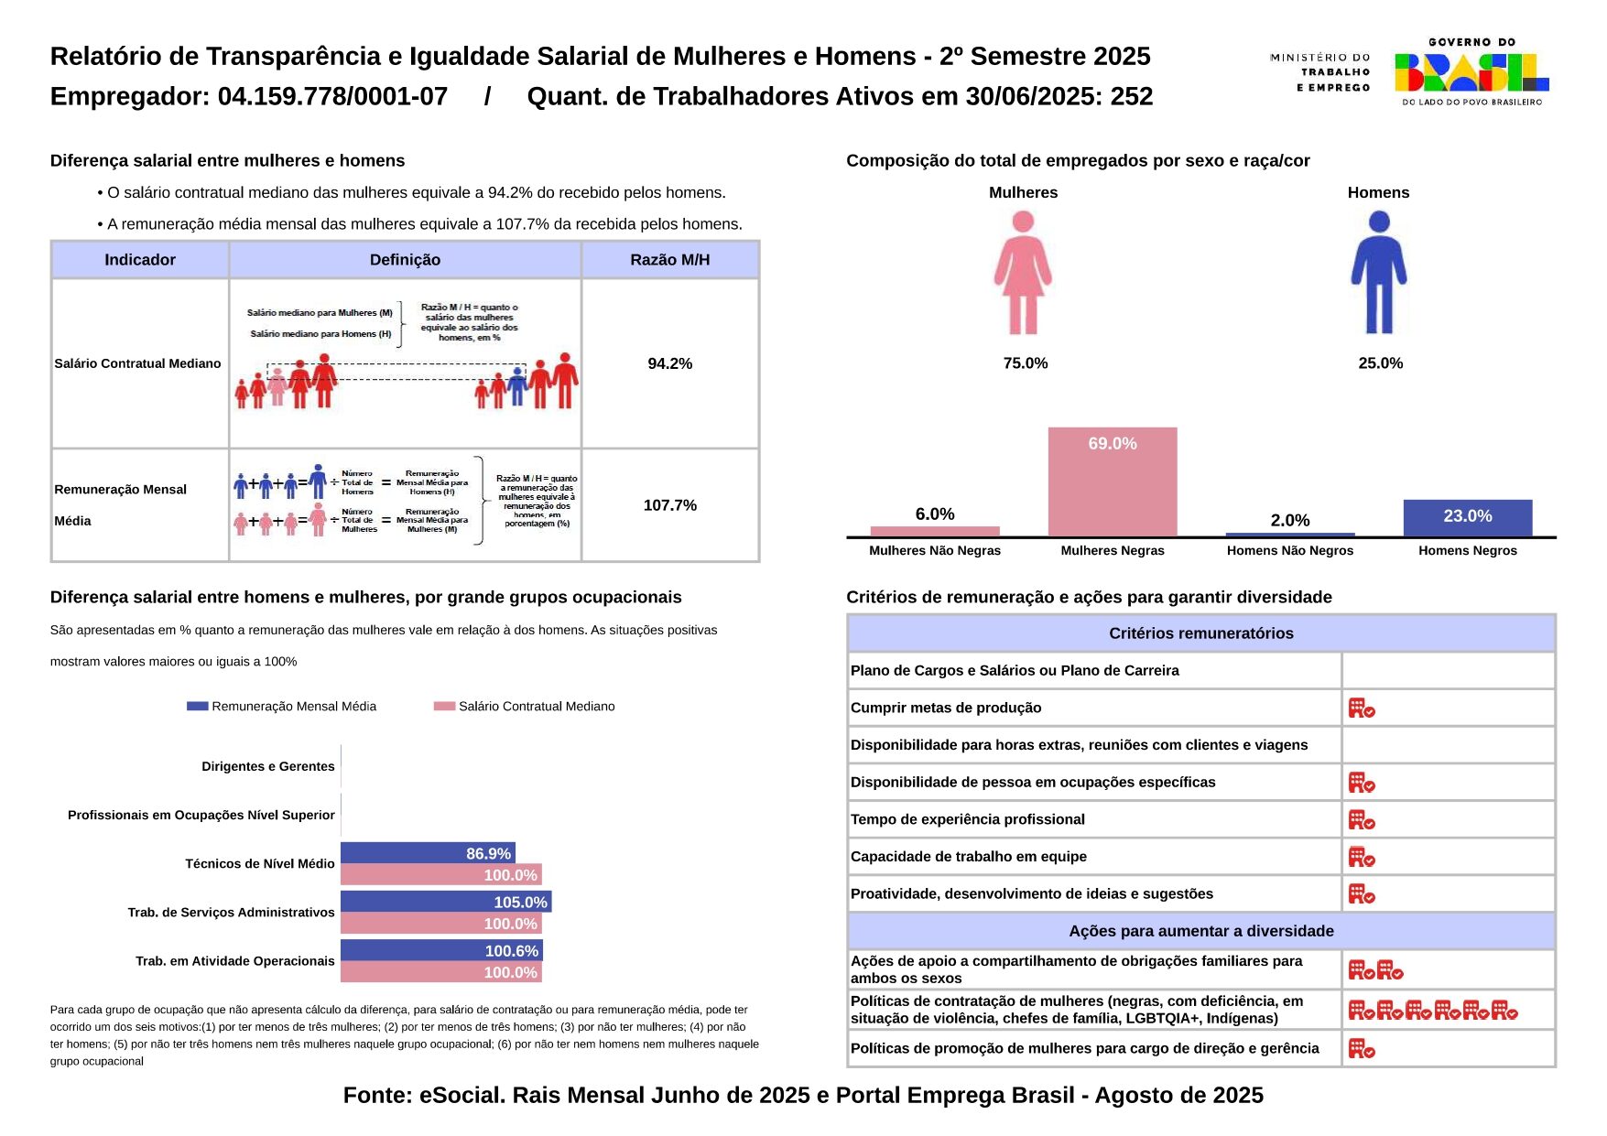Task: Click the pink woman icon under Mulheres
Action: (1023, 273)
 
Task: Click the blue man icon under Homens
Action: (1378, 273)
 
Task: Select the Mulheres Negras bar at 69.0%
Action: (1113, 481)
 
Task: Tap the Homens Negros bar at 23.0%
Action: (1467, 518)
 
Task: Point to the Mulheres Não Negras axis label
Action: (934, 551)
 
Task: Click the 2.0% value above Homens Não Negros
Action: (1289, 521)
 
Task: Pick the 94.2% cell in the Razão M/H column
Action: (669, 363)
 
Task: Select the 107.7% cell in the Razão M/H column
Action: (669, 505)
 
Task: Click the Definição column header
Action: (405, 260)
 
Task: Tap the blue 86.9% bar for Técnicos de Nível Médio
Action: (428, 853)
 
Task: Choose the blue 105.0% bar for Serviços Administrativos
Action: (445, 902)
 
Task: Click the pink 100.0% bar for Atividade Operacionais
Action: (440, 972)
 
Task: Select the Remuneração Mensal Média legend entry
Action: (282, 707)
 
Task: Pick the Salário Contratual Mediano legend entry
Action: (525, 707)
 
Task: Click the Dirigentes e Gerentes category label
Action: (268, 766)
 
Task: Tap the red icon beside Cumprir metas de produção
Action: (1362, 708)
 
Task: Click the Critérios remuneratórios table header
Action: (1200, 633)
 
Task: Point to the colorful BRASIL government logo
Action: (1471, 72)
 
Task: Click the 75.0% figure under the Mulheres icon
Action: (1025, 363)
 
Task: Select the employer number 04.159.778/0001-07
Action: (332, 97)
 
